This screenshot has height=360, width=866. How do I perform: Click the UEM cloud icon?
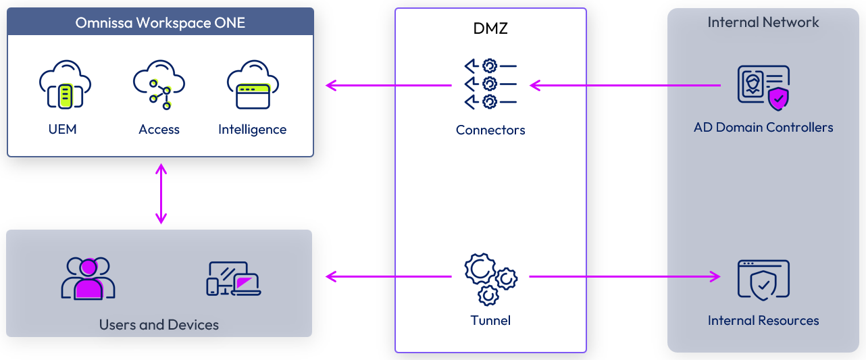[65, 84]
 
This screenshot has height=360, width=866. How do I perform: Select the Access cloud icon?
[159, 84]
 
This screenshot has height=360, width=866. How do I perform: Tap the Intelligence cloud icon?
[253, 84]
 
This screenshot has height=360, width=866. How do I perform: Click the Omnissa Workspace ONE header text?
[160, 23]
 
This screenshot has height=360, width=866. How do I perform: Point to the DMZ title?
[490, 29]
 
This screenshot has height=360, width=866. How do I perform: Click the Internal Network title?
[763, 22]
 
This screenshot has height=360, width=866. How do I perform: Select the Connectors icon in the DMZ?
[490, 84]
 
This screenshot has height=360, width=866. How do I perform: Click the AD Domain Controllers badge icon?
[763, 87]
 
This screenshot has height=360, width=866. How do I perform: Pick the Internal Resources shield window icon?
[763, 280]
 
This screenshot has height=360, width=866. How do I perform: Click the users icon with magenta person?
[88, 278]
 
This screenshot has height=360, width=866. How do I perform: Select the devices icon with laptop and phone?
[234, 278]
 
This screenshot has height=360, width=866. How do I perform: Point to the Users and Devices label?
[159, 325]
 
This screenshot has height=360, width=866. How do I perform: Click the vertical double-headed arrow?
[161, 193]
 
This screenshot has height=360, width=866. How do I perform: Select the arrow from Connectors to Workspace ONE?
[388, 85]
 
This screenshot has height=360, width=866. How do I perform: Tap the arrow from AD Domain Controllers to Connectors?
[625, 85]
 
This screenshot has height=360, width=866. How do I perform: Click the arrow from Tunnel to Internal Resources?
[625, 276]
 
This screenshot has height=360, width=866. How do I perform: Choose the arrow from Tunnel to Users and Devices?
[388, 276]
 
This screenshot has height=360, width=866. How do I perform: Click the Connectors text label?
[490, 130]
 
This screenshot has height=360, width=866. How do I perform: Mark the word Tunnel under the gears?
[490, 320]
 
